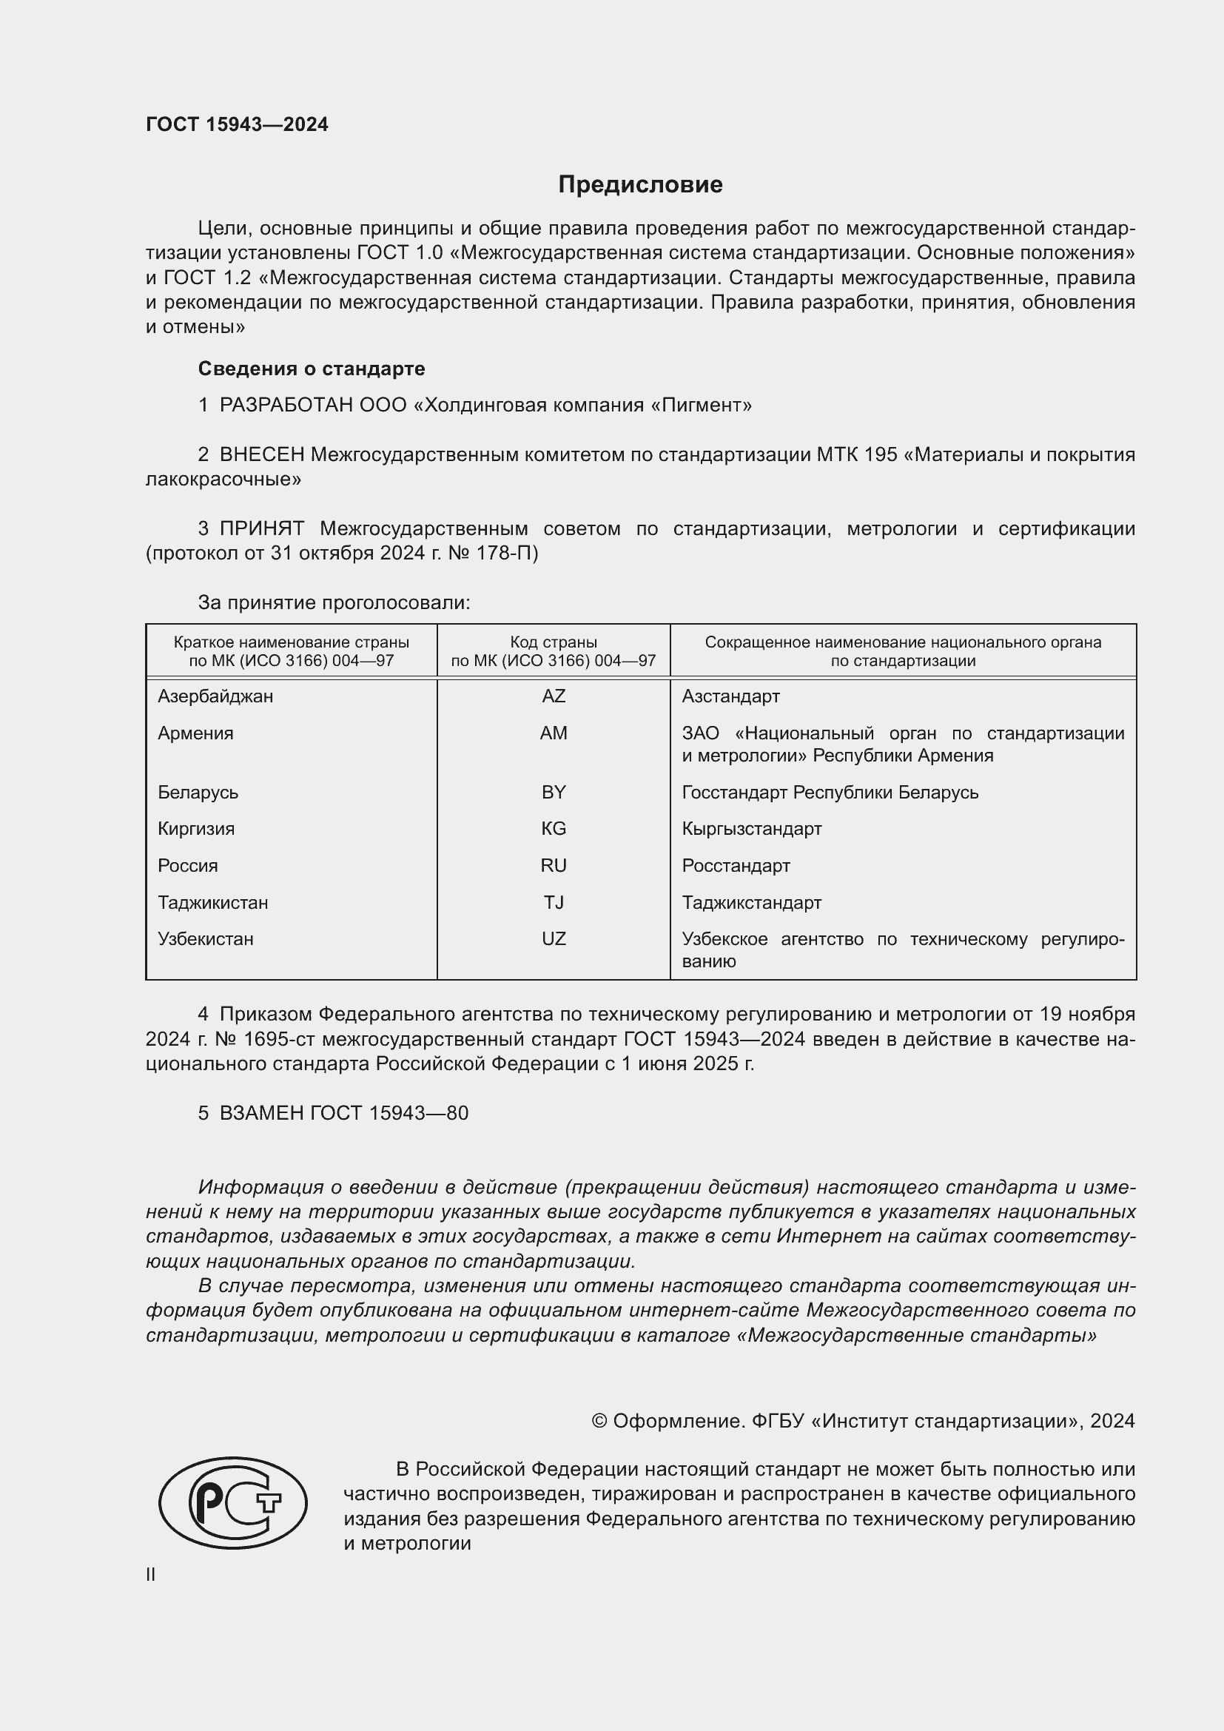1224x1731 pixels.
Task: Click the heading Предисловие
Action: tap(640, 185)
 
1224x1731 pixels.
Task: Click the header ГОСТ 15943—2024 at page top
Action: tap(237, 124)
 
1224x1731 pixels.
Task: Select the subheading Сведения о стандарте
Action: tap(312, 369)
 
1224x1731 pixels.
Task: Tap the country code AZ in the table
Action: tap(554, 696)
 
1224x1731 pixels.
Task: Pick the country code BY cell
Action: tap(554, 793)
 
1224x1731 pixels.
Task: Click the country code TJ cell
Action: tap(554, 902)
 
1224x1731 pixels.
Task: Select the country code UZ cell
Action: tap(554, 938)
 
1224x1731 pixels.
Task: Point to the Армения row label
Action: tap(195, 733)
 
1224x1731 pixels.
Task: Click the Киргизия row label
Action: tap(196, 829)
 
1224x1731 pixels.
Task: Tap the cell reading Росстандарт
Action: tap(736, 866)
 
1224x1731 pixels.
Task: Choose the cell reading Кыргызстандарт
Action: tap(751, 829)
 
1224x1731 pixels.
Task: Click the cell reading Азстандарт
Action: tap(730, 696)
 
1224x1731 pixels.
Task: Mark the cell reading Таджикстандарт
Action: tap(751, 902)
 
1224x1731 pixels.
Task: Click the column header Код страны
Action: tap(554, 642)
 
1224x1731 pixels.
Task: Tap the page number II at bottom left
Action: tap(151, 1574)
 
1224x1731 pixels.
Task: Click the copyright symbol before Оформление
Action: tap(599, 1421)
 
